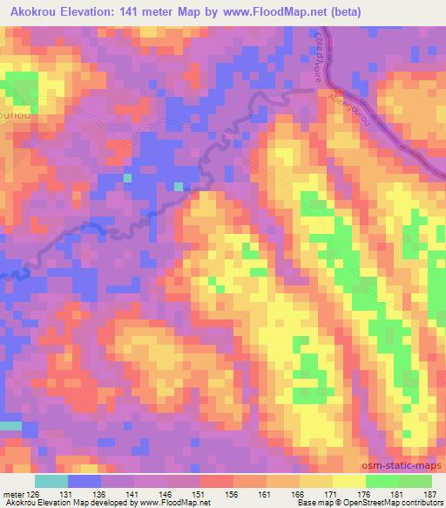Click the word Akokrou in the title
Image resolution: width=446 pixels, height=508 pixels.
pos(35,12)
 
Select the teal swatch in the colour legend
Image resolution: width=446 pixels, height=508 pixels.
pos(51,481)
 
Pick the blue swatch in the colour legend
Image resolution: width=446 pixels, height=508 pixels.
pos(84,481)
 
